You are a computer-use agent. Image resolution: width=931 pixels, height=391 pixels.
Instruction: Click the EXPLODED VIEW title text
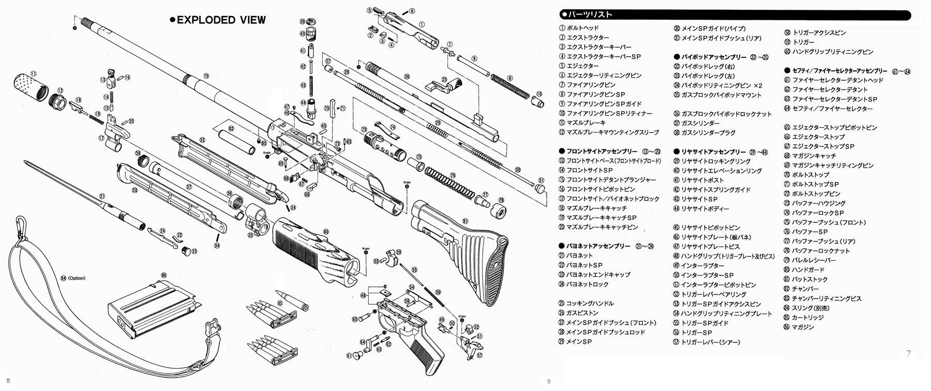[221, 20]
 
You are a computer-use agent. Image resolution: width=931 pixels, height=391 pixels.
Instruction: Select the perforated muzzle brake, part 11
[30, 89]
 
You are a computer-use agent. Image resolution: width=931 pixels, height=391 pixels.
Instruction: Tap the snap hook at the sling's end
[21, 228]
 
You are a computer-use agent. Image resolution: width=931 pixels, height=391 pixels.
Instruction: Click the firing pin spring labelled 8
[510, 86]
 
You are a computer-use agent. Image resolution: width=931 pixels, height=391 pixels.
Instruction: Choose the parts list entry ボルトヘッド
[582, 28]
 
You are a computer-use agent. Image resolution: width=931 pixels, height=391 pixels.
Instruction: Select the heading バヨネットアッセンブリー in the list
[598, 246]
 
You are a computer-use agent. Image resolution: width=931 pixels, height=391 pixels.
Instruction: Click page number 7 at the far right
[908, 353]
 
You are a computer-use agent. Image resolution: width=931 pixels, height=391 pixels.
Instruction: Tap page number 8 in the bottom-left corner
[8, 381]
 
